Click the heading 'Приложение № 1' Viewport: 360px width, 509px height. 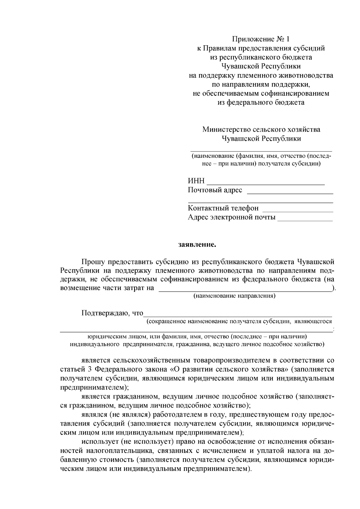[x=261, y=39]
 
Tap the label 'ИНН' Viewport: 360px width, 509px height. [x=196, y=181]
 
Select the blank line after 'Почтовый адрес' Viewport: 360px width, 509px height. [x=290, y=192]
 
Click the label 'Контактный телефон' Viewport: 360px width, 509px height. [x=223, y=208]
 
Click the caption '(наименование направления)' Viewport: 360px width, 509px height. [x=234, y=296]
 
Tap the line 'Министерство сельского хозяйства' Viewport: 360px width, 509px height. [x=261, y=130]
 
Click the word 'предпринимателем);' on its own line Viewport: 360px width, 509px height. [x=94, y=387]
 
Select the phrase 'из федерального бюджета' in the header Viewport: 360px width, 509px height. [x=261, y=103]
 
